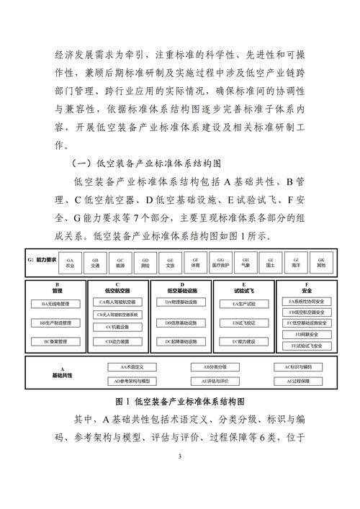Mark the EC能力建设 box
244,341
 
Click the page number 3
180,456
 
